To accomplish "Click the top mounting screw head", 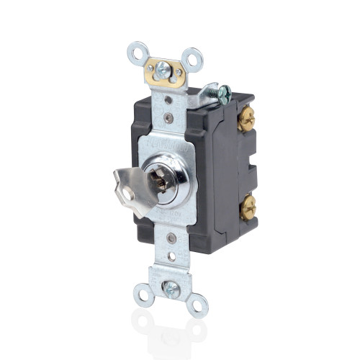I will tap(164, 71).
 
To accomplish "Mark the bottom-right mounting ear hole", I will tap(197, 305).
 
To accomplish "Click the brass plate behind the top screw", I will tap(155, 70).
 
